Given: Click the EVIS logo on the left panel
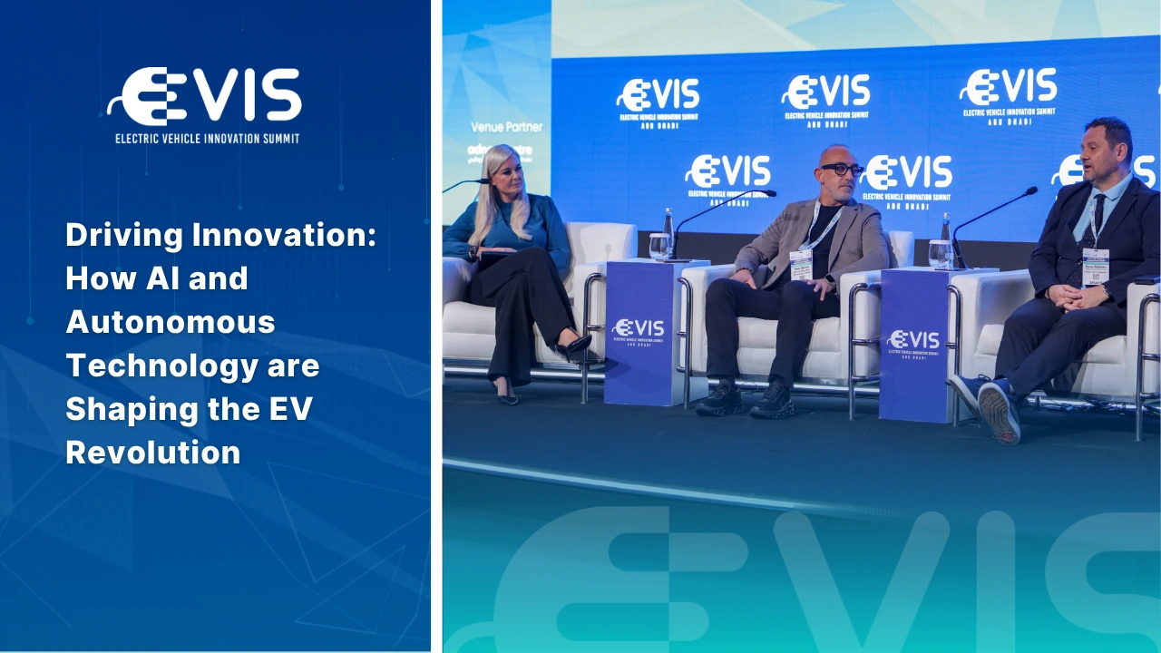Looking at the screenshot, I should click(205, 95).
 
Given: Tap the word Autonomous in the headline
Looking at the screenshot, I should click(170, 321).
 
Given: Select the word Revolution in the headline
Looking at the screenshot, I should click(152, 452).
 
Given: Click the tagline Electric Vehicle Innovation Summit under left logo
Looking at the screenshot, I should click(207, 139).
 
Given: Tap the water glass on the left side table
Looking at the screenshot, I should click(659, 245).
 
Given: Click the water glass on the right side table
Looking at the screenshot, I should click(940, 253).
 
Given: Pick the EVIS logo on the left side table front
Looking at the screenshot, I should click(639, 329).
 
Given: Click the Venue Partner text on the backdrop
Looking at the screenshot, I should click(500, 126).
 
